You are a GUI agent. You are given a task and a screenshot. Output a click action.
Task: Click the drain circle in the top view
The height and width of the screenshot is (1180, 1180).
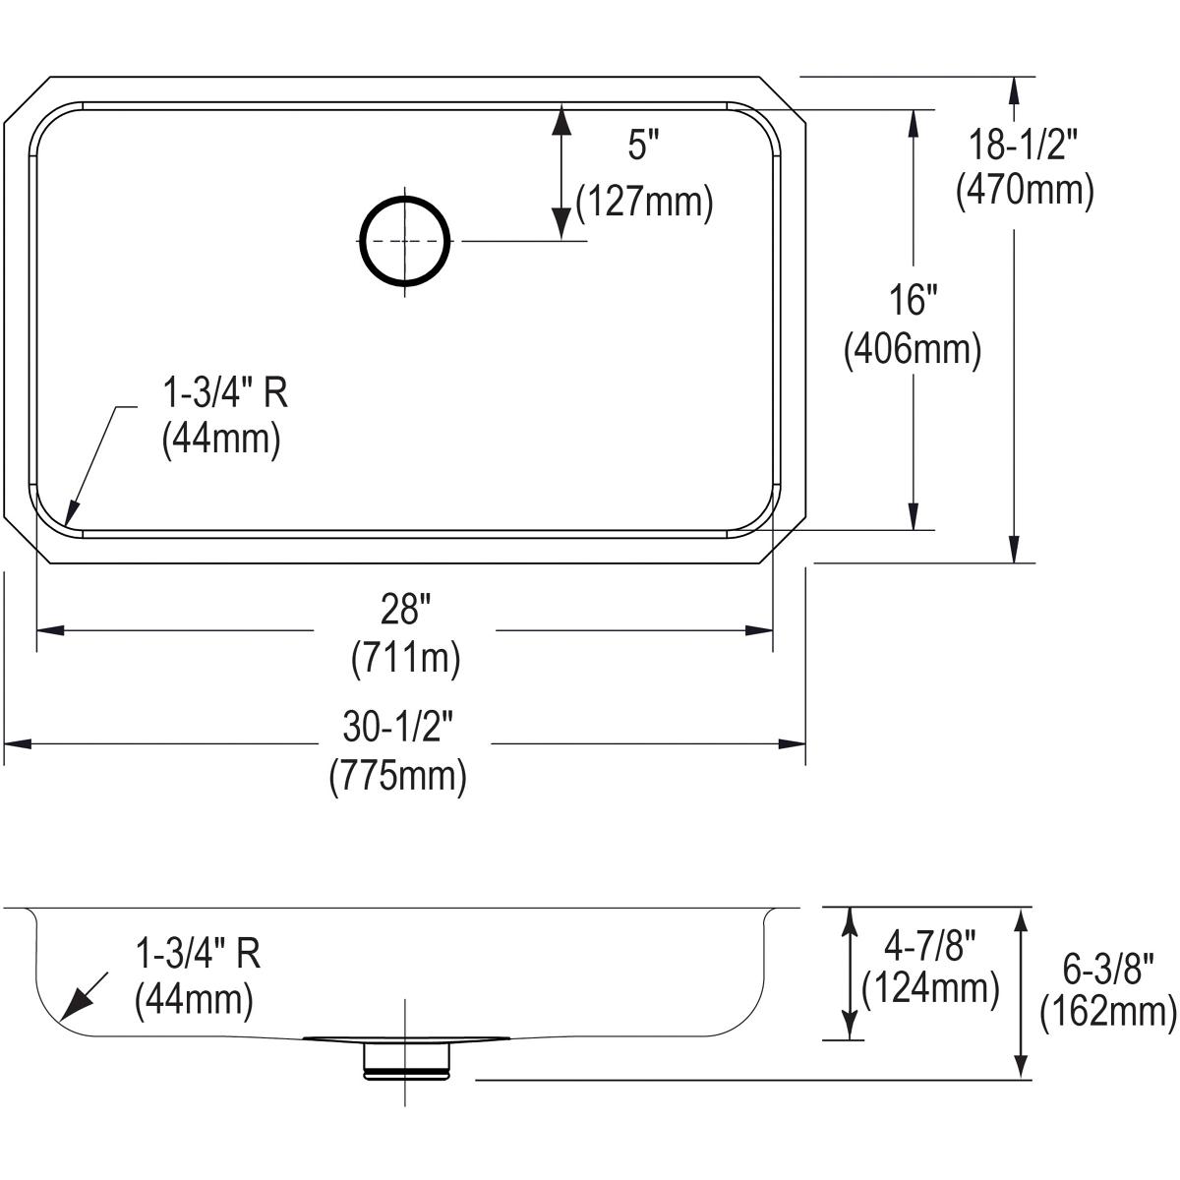point(406,241)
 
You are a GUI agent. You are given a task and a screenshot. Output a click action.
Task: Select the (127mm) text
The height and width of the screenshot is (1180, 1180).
point(644,202)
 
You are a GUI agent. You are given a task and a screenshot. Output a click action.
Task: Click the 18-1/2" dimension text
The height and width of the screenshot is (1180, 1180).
point(1024,146)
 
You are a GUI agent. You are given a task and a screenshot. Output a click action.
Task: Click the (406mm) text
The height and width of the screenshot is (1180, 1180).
point(913,349)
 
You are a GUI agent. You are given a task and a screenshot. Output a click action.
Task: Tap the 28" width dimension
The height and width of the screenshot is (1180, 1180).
point(406,612)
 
